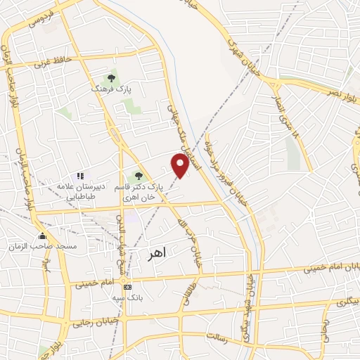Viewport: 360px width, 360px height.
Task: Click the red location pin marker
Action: [181, 165]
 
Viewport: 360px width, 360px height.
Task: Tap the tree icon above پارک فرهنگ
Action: [110, 77]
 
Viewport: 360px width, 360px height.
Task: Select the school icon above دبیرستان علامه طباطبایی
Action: [80, 175]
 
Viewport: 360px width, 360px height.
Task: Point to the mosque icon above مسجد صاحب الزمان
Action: [43, 236]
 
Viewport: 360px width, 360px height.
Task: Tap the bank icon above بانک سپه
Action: [127, 286]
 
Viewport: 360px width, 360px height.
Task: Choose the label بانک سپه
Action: [127, 297]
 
